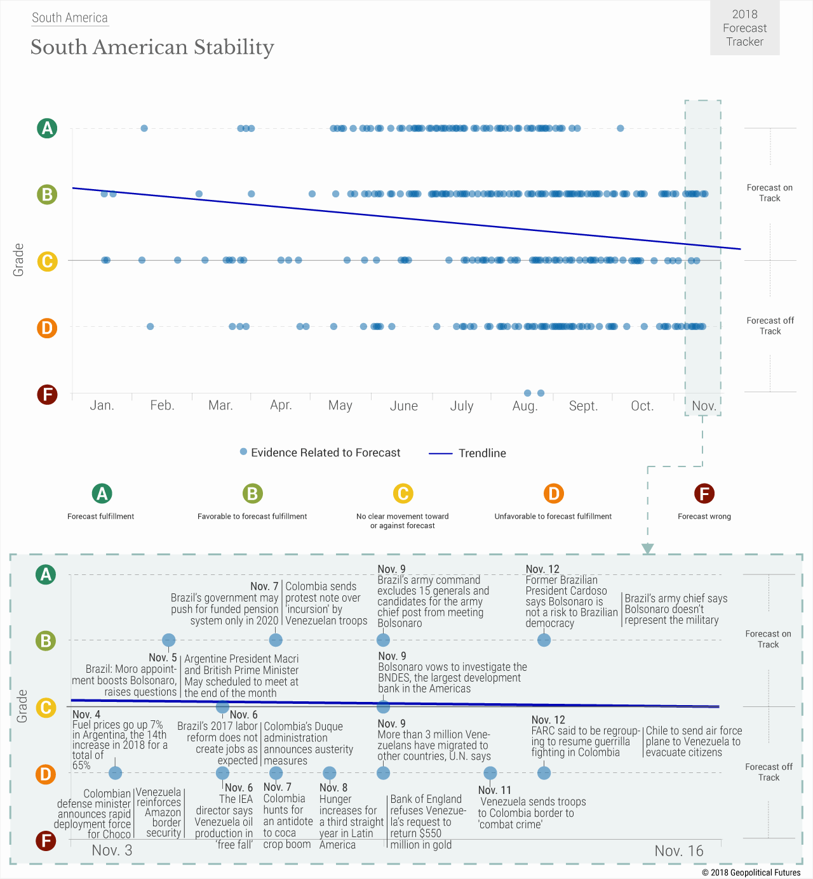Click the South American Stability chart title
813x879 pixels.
(x=152, y=47)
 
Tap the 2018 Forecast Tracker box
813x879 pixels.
(x=744, y=28)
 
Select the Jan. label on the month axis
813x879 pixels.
(x=102, y=406)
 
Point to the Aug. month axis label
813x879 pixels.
(x=525, y=406)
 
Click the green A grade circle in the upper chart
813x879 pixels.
(x=47, y=128)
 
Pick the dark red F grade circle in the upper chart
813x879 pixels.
(x=47, y=395)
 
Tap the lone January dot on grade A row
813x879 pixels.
(x=144, y=128)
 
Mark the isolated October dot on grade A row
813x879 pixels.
(x=621, y=128)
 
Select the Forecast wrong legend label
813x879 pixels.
(x=704, y=517)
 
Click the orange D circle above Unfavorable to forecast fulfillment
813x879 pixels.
(x=553, y=493)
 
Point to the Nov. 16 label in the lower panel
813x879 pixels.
(x=679, y=851)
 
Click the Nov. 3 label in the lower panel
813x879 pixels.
(x=112, y=850)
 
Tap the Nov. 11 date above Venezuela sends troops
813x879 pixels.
(x=495, y=790)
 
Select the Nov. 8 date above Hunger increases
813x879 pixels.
(x=333, y=788)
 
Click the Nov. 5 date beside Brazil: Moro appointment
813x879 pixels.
(x=163, y=658)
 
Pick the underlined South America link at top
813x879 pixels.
(x=70, y=18)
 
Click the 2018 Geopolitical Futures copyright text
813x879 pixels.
(x=751, y=873)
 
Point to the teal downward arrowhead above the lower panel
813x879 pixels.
(x=647, y=549)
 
